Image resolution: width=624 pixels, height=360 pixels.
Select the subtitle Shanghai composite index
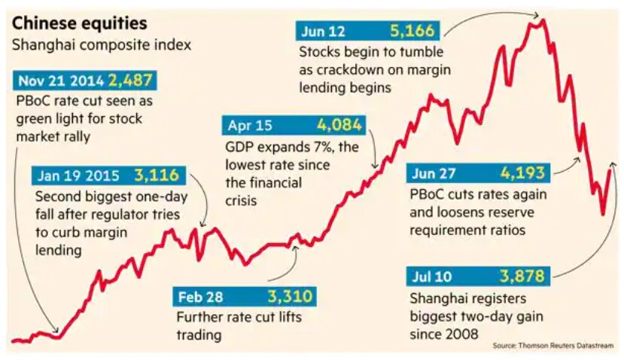pyautogui.click(x=102, y=44)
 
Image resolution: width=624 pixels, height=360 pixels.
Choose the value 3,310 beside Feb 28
pyautogui.click(x=289, y=296)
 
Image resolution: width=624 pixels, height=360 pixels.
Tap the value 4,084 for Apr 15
pyautogui.click(x=339, y=125)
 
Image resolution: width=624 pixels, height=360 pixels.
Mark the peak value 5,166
pyautogui.click(x=413, y=32)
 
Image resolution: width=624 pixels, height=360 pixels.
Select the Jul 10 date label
pyautogui.click(x=432, y=276)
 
